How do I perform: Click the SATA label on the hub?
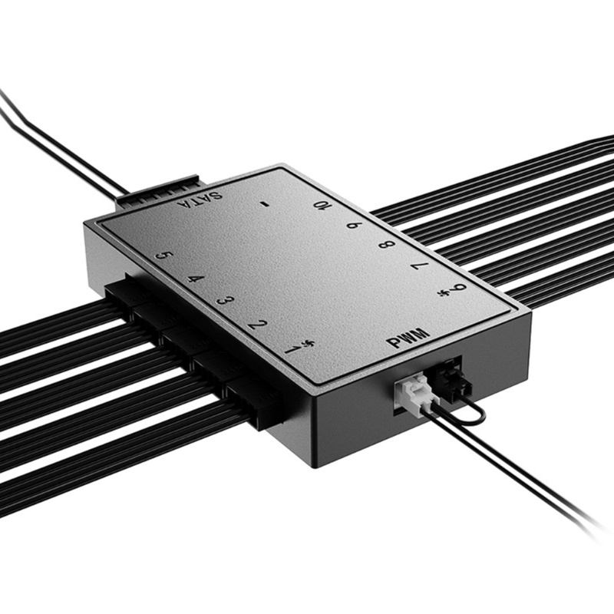200,200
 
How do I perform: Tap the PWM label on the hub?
408,338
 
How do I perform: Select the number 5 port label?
164,256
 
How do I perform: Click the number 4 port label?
196,279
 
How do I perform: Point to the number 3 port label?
226,300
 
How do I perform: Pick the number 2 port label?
258,325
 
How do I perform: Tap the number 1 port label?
293,349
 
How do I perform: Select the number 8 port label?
388,245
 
